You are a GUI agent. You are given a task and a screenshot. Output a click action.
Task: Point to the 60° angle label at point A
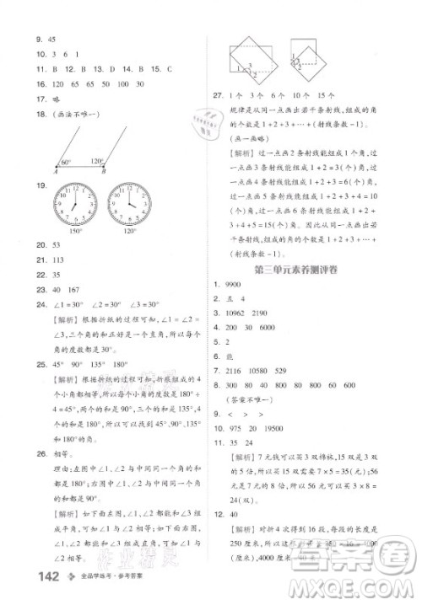67,160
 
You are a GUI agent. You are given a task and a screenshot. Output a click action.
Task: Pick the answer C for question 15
169,70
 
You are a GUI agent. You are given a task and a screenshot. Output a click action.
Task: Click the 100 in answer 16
122,85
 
